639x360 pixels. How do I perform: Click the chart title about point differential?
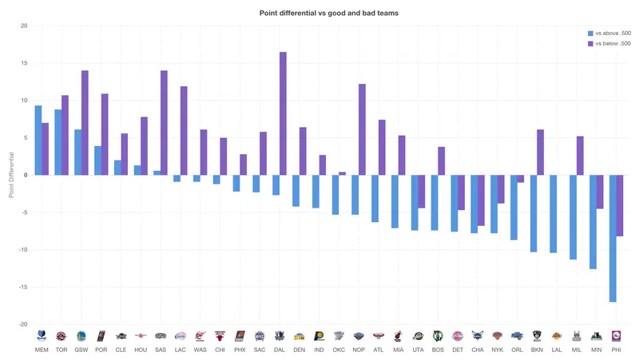point(319,14)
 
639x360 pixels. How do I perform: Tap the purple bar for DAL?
point(283,113)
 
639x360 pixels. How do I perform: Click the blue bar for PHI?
point(613,239)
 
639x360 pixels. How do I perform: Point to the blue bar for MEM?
point(38,140)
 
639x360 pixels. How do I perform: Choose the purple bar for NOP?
point(362,129)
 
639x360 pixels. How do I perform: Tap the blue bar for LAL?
point(553,214)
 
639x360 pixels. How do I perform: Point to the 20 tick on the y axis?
point(24,26)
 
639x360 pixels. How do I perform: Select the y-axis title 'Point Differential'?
point(11,176)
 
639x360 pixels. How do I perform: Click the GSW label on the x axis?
point(81,350)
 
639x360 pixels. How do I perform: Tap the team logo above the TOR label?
point(61,336)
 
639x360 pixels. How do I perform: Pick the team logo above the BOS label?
point(438,336)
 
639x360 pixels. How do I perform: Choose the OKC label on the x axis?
point(339,350)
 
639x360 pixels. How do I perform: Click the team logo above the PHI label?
point(616,336)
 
